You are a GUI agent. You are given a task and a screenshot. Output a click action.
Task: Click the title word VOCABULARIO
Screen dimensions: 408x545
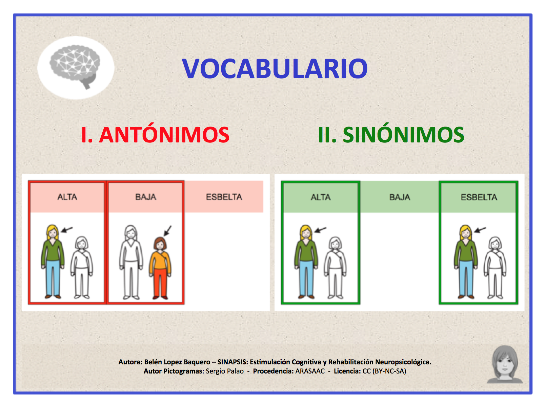(275, 69)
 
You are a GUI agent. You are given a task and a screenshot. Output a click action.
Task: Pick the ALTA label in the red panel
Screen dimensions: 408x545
(67, 197)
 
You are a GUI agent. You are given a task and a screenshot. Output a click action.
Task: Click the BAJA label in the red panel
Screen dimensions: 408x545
(146, 197)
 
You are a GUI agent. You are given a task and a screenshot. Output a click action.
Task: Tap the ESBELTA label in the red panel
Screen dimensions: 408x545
(224, 197)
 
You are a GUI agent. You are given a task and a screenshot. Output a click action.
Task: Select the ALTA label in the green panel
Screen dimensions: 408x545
(321, 197)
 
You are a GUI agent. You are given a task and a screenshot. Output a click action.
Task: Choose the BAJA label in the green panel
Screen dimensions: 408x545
(400, 197)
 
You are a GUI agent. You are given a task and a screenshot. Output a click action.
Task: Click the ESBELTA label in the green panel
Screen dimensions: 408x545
(479, 197)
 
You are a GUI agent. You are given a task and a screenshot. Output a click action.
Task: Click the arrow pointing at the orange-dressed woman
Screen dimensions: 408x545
(168, 231)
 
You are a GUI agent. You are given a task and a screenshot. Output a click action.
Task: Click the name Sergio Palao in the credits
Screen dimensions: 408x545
(225, 371)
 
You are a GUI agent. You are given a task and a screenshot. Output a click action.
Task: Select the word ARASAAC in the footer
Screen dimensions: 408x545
(310, 371)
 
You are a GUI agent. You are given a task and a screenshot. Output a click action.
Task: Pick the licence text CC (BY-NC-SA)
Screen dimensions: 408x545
(384, 371)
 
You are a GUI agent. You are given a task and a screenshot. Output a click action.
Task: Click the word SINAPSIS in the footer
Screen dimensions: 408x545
(232, 362)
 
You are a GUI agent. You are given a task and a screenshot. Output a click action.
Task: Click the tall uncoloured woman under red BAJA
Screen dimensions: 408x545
(131, 262)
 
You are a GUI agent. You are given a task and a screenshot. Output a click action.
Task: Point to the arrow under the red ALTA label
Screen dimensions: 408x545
(67, 230)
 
